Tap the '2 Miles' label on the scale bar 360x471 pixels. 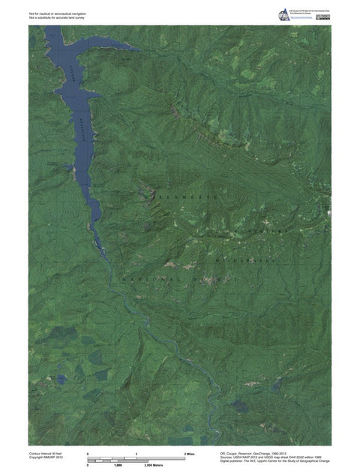(190, 454)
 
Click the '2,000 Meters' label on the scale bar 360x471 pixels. (153, 466)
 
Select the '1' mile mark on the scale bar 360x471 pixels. (136, 454)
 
